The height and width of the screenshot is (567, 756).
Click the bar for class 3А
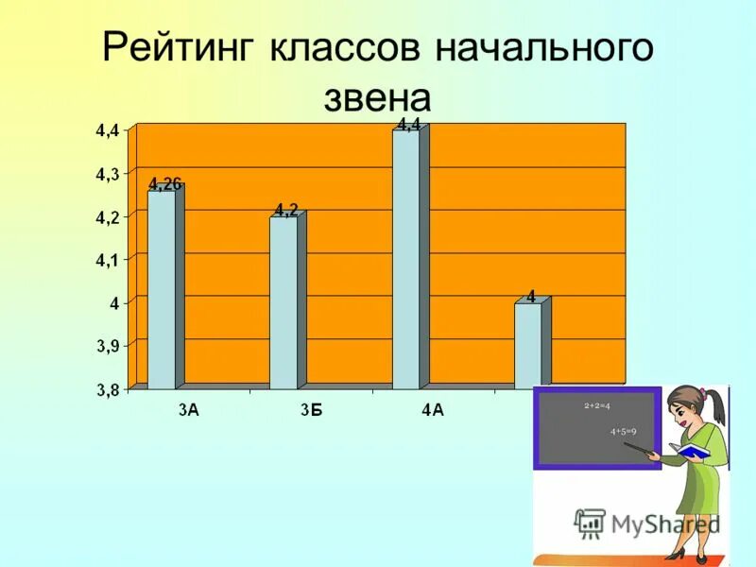coord(162,288)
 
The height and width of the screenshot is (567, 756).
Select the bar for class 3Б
coord(283,302)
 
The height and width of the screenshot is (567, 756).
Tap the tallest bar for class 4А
coord(406,260)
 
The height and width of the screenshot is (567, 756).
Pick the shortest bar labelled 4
coord(528,346)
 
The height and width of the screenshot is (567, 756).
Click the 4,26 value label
coord(164,184)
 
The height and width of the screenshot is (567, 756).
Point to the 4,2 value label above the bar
coord(286,210)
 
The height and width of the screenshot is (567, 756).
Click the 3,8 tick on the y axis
coord(106,388)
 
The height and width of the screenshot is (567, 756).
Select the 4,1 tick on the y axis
coord(106,260)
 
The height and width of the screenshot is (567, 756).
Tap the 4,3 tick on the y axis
coord(106,174)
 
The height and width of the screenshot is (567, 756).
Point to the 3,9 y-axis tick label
coord(106,346)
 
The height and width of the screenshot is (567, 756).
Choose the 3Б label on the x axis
coord(311,409)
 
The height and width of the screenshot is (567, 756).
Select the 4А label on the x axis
coord(433,409)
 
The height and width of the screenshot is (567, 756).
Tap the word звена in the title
coord(378,97)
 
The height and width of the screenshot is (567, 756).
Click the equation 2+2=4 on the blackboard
coord(597,406)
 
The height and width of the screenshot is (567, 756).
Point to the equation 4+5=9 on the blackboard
coord(623,432)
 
